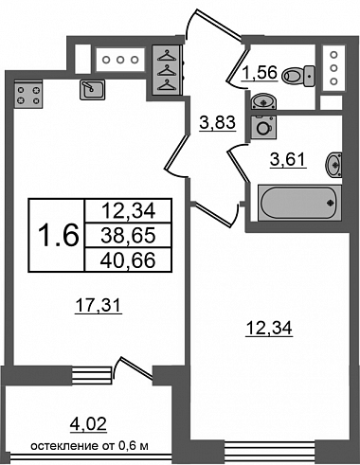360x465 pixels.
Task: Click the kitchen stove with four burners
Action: tap(28, 95)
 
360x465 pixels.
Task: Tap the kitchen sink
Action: tap(92, 90)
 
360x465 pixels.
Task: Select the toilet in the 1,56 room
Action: tap(297, 76)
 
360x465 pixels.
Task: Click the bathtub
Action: tap(299, 203)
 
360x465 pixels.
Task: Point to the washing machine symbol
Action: tap(263, 127)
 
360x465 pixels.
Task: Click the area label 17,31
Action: tap(99, 306)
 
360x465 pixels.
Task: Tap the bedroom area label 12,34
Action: tap(269, 328)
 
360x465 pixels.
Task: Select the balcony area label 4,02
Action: tap(88, 423)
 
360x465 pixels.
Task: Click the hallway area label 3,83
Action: tap(218, 122)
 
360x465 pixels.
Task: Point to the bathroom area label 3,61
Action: tap(288, 159)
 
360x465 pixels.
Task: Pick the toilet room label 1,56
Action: tap(260, 72)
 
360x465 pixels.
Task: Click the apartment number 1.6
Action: tap(58, 235)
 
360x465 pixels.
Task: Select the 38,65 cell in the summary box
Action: tap(128, 236)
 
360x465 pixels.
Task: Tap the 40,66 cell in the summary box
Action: tap(128, 259)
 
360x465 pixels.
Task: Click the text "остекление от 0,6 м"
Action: tap(89, 446)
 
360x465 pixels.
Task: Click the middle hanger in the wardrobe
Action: tap(166, 70)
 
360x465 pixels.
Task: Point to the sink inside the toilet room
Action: tap(263, 101)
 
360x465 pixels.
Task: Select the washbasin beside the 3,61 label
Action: tap(333, 165)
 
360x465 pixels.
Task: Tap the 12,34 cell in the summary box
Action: tap(128, 211)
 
